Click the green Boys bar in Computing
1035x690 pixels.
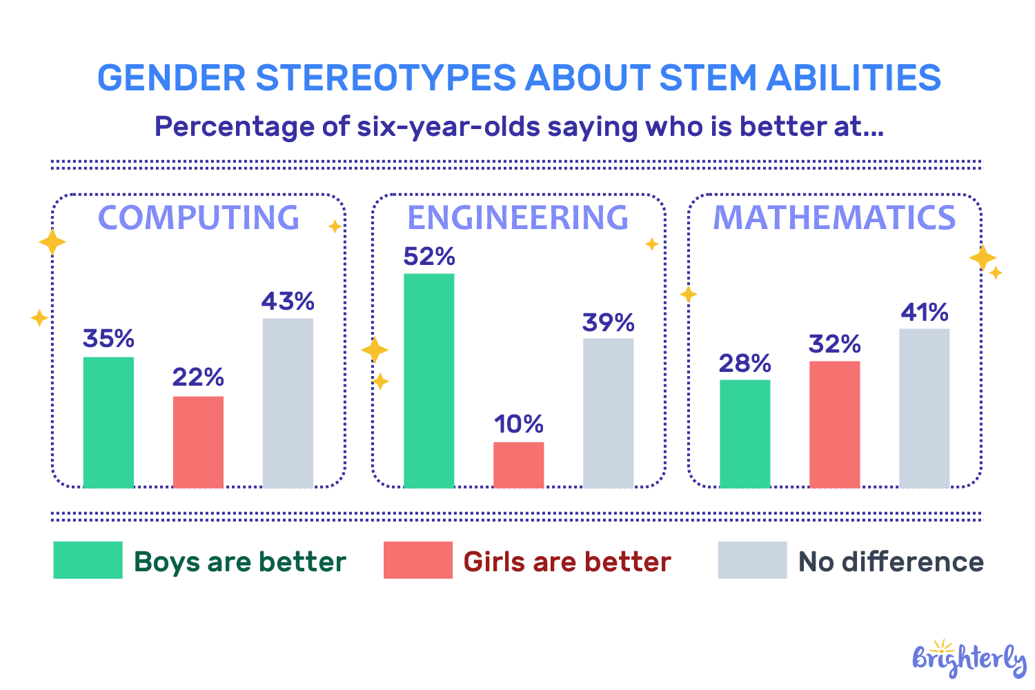pyautogui.click(x=108, y=422)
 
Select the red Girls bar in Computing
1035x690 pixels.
pyautogui.click(x=198, y=442)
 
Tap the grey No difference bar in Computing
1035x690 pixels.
pyautogui.click(x=288, y=403)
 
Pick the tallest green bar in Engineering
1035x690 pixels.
pyautogui.click(x=428, y=381)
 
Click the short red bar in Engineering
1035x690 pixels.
pyautogui.click(x=518, y=465)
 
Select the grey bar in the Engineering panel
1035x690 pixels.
pyautogui.click(x=608, y=413)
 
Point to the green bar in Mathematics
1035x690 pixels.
pyautogui.click(x=745, y=433)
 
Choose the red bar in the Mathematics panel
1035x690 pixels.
pyautogui.click(x=834, y=424)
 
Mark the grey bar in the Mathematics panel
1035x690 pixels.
pyautogui.click(x=924, y=408)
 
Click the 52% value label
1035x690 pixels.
pyautogui.click(x=428, y=257)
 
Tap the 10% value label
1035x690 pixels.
pyautogui.click(x=518, y=424)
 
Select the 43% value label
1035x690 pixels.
pyautogui.click(x=288, y=302)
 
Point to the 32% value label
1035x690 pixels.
pyautogui.click(x=834, y=344)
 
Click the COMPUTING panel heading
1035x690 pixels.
pyautogui.click(x=199, y=218)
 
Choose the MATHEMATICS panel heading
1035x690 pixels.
pyautogui.click(x=834, y=218)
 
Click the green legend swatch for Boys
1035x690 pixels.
pyautogui.click(x=88, y=560)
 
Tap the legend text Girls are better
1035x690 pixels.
pyautogui.click(x=566, y=562)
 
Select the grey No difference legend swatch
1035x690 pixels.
pyautogui.click(x=752, y=560)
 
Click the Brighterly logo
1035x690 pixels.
pyautogui.click(x=969, y=658)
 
